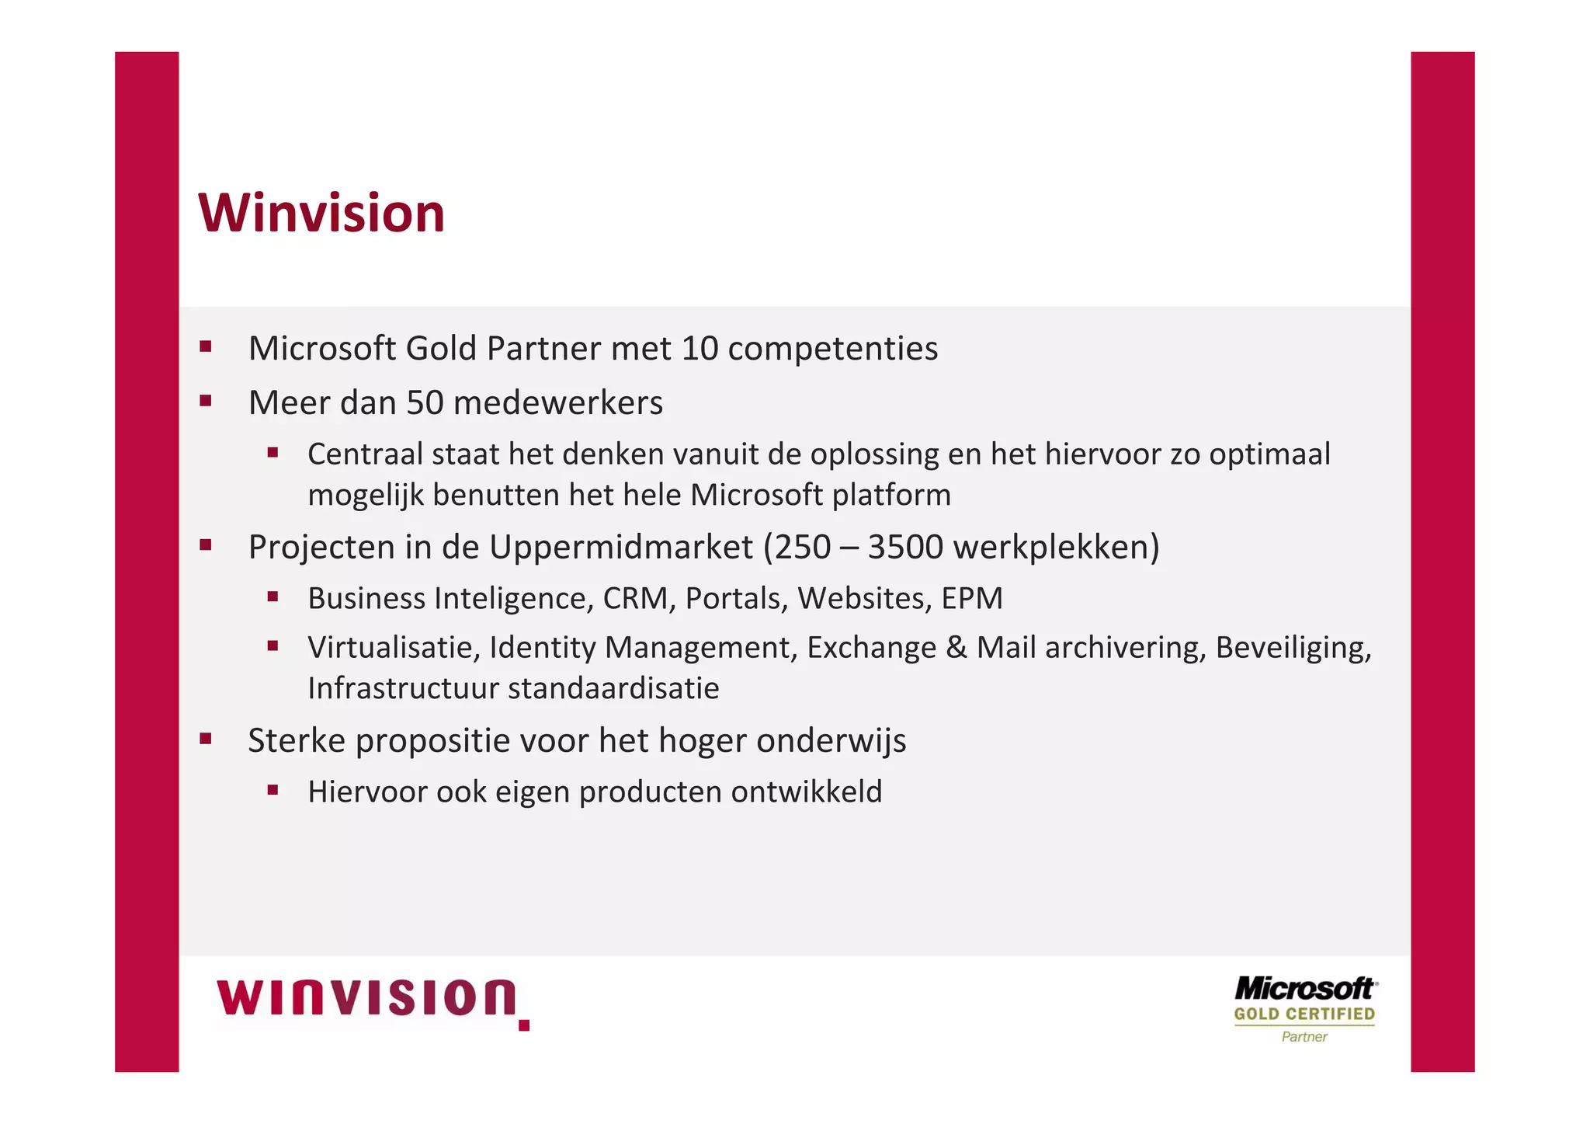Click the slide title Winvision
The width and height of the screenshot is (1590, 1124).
pos(321,213)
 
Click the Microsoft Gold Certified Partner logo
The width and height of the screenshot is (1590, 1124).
pos(1304,1008)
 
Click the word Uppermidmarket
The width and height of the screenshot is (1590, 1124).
pos(620,547)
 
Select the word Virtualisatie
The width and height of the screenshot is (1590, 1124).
pos(393,648)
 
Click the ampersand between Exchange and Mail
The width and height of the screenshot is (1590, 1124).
pos(956,648)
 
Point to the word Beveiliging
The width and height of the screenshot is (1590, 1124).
pos(1293,648)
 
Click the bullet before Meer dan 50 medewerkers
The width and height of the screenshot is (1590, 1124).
pos(206,402)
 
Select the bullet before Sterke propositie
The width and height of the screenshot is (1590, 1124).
pos(206,739)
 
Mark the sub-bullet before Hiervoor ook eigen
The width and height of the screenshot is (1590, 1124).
pos(273,791)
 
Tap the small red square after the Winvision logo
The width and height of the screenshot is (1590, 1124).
pos(524,1025)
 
